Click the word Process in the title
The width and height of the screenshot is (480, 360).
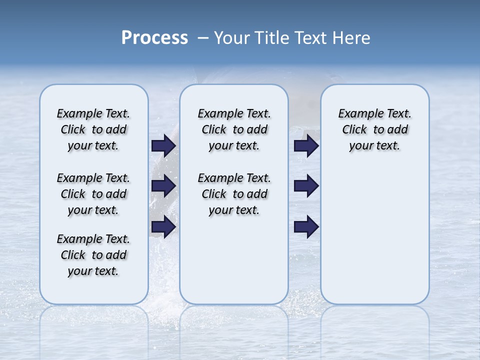tap(154, 38)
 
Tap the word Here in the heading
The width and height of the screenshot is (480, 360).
tap(352, 38)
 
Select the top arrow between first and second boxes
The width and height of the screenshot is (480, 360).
tap(163, 145)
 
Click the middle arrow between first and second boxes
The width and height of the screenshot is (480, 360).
tap(163, 186)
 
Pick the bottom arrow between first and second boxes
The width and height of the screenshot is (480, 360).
tap(163, 227)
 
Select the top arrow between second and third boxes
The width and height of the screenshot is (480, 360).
tap(306, 145)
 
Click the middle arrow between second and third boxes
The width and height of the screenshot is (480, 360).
tap(306, 186)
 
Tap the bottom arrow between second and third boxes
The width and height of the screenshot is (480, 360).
tap(306, 227)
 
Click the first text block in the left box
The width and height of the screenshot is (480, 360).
tap(93, 129)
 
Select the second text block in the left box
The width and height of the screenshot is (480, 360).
tap(93, 194)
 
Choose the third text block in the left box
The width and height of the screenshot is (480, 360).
tap(93, 255)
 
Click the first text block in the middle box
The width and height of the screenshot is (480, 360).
tap(234, 129)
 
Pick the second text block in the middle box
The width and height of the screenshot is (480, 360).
tap(234, 194)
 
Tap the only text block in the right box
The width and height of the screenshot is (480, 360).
tap(375, 129)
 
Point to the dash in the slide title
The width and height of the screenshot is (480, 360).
tap(203, 38)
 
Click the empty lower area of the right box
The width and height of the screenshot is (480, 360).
tap(375, 240)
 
